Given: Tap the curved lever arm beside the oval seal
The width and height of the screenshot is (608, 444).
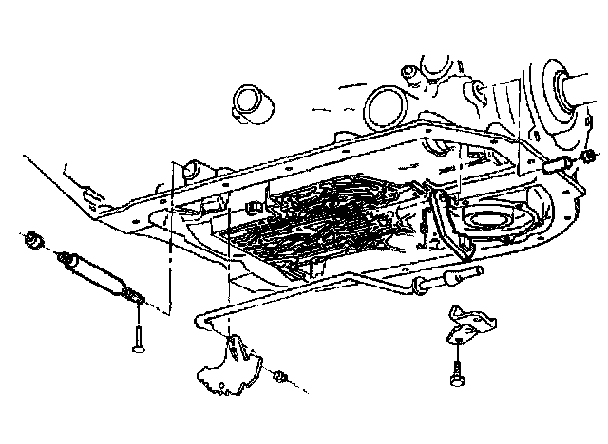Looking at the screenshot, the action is (439, 225).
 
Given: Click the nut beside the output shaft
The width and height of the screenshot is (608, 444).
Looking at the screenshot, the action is (588, 157).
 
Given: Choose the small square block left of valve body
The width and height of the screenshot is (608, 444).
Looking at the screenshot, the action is (253, 209).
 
